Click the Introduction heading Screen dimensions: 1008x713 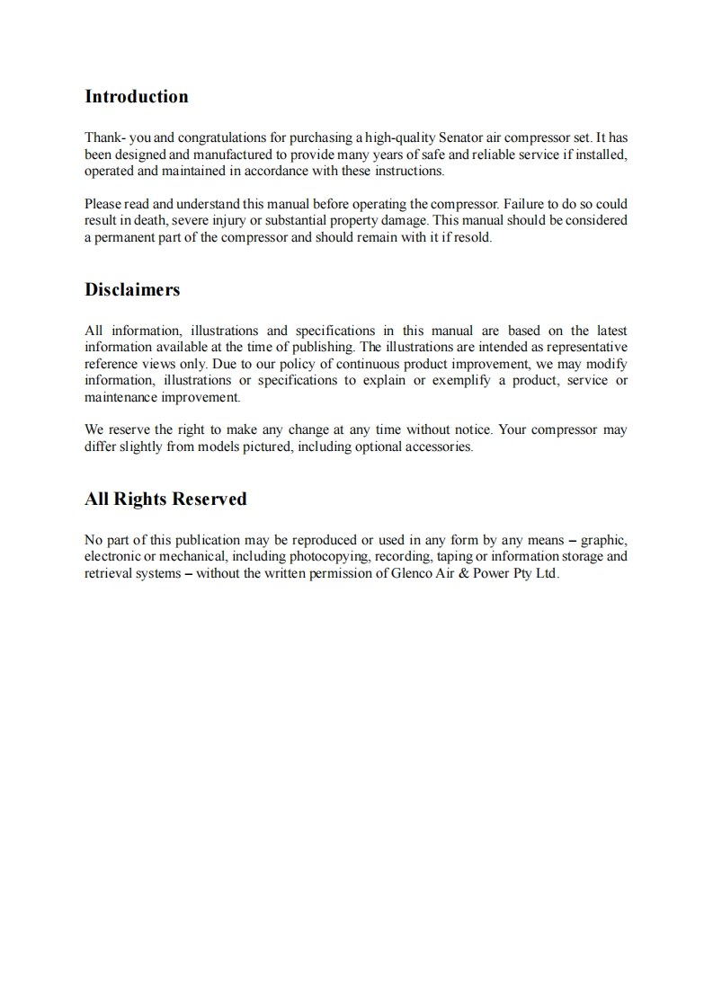137,97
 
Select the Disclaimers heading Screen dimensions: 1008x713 132,290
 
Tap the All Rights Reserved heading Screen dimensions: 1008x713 165,500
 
